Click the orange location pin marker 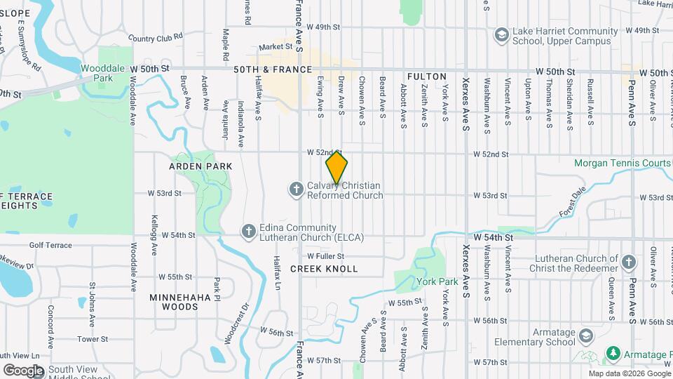coord(336,167)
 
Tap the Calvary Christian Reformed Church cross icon coord(296,189)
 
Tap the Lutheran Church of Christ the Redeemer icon coord(629,263)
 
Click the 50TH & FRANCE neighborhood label coord(272,70)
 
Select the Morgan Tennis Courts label coord(622,163)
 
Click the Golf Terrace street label coord(50,245)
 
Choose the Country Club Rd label coord(156,36)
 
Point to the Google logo coord(23,370)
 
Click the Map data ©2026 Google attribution coord(629,373)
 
